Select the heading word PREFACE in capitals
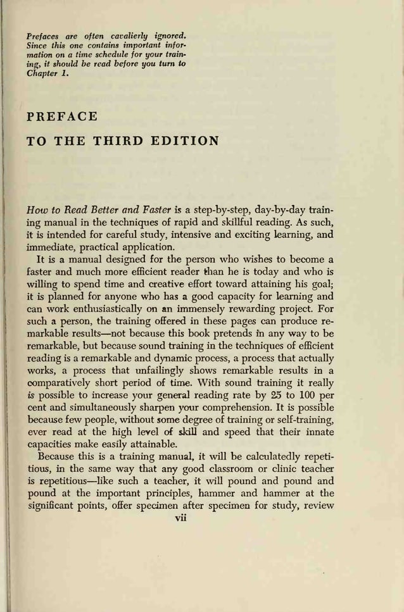click(x=62, y=117)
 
